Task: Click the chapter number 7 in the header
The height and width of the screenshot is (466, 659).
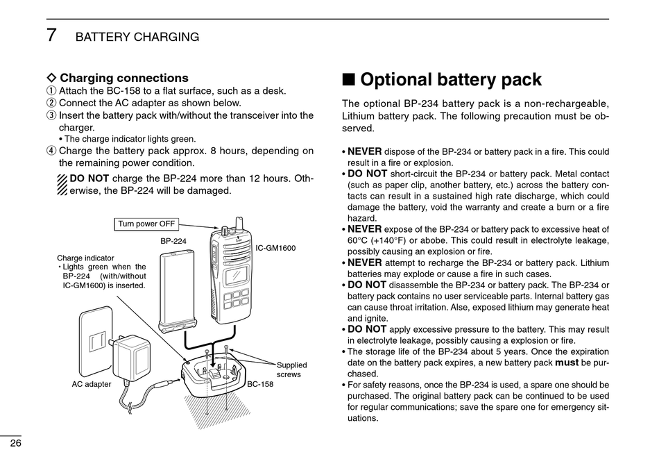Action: (51, 36)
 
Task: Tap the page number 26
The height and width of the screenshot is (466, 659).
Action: (14, 442)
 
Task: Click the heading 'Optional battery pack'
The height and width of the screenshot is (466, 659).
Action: (451, 80)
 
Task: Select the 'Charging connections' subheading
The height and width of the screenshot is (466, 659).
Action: (124, 78)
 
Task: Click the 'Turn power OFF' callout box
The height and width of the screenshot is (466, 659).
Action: (146, 224)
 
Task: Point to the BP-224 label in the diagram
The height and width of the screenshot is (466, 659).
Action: (173, 241)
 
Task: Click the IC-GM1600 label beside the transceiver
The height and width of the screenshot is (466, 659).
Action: (275, 248)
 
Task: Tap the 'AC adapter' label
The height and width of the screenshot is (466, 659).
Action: (92, 384)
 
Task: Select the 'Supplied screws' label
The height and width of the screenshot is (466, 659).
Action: (291, 369)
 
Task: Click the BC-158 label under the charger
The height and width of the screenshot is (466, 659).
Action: (260, 384)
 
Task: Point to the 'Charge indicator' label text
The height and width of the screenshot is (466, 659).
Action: (85, 258)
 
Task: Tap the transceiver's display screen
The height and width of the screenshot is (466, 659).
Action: (236, 274)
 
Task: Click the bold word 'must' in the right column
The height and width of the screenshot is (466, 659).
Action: (567, 363)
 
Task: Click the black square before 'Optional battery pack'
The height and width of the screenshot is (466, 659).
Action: (349, 81)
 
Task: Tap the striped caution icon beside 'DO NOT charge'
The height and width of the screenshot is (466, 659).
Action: (62, 185)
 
